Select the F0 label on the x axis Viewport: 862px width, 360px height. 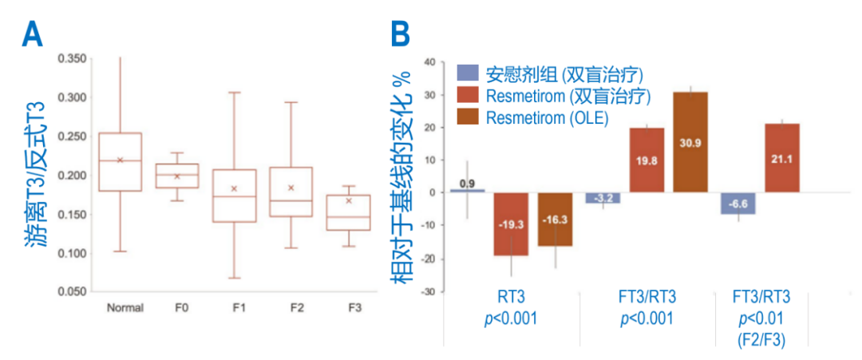pyautogui.click(x=177, y=308)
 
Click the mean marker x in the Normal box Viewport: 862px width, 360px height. pyautogui.click(x=120, y=160)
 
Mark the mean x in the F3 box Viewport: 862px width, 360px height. pyautogui.click(x=349, y=200)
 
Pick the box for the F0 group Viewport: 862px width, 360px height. pyautogui.click(x=177, y=176)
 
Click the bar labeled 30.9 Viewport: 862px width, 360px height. pyautogui.click(x=690, y=142)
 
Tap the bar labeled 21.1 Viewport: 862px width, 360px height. pyautogui.click(x=781, y=158)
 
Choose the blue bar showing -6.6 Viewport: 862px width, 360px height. pyautogui.click(x=737, y=203)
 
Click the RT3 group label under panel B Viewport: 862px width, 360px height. pyautogui.click(x=512, y=298)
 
